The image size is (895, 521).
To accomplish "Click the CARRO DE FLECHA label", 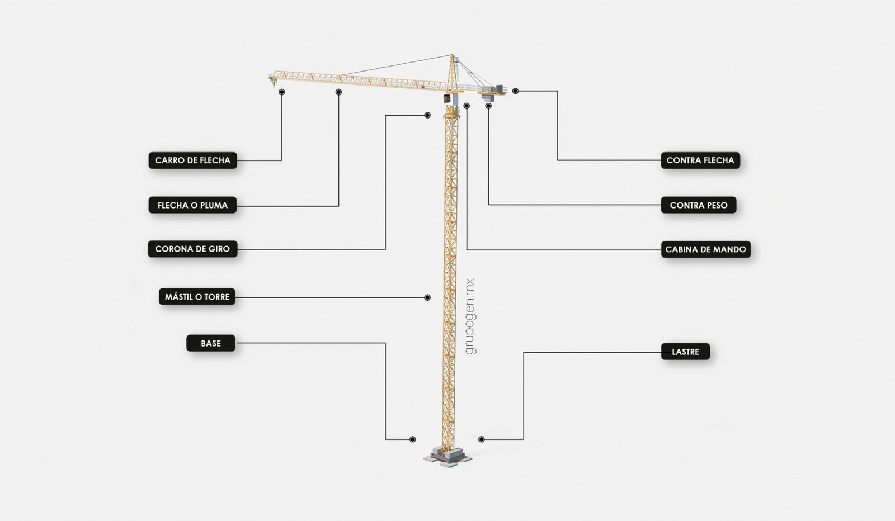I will tap(192, 160).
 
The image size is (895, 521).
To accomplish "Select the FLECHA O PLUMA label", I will tap(192, 205).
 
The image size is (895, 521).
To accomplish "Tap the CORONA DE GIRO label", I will tap(192, 249).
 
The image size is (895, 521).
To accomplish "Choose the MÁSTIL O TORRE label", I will tap(197, 297).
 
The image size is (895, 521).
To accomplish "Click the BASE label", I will tap(211, 343).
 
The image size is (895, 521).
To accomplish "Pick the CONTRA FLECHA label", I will tap(700, 160).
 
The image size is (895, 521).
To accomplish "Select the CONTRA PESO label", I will tap(698, 205).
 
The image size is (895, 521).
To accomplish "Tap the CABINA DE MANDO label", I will tap(705, 249).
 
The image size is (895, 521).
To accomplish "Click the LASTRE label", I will tap(685, 352).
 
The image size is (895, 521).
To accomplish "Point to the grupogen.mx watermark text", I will tap(470, 316).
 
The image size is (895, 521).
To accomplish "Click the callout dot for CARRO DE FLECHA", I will tap(282, 92).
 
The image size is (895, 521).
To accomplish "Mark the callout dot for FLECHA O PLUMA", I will tap(338, 92).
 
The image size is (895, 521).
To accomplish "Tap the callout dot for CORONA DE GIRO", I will tap(427, 115).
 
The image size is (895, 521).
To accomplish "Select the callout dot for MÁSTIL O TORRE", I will tap(427, 297).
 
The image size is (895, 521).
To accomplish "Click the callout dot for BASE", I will tap(412, 439).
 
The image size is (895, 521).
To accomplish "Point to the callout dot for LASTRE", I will tap(481, 439).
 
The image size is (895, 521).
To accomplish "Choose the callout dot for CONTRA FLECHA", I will tap(515, 91).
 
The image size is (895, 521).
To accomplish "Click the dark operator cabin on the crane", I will tap(447, 98).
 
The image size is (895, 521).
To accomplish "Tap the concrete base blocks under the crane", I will tap(447, 457).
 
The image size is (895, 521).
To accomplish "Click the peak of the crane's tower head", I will tap(452, 55).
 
